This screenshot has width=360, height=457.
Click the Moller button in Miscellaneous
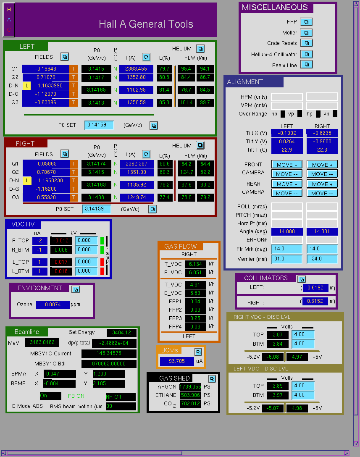pos(306,33)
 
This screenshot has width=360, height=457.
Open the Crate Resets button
pos(306,43)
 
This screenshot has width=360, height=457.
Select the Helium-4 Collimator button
pos(306,54)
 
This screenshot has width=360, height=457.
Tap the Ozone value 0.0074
pos(53,305)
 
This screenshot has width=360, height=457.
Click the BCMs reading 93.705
pos(177,361)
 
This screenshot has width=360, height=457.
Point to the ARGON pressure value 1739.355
pos(190,387)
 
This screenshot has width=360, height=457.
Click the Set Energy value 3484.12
pos(121,333)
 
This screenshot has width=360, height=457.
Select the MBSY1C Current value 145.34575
pos(109,353)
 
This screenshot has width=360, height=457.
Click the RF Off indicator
pos(121,397)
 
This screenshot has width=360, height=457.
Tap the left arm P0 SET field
pos(99,125)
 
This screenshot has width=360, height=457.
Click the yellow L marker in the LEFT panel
pos(26,86)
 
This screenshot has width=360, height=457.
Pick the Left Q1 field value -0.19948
pos(46,69)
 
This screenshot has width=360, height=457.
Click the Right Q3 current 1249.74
pos(137,197)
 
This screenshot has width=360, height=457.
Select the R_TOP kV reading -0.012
pos(61,240)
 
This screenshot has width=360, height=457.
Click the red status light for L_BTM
pos(102,271)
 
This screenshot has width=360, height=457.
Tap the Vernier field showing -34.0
pos(322,259)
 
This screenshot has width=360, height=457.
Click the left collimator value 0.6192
pos(315,288)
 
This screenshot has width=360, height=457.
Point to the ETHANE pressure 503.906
pos(190,395)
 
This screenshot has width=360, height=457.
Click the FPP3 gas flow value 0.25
pos(195,318)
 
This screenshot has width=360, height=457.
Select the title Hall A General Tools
pos(146,24)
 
